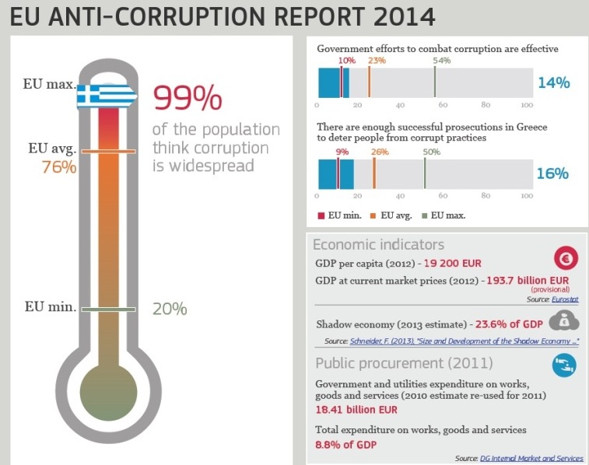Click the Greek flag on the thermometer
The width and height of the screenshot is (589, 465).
point(107,96)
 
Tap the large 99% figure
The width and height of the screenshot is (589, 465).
point(188,98)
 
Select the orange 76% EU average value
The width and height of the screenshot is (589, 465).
point(58,167)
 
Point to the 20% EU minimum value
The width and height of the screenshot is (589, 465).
point(170,309)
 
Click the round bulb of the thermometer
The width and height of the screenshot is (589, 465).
point(109,385)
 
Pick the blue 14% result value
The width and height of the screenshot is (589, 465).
point(553,82)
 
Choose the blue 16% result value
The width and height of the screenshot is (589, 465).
point(552,174)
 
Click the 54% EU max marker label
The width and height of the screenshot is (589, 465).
point(441,60)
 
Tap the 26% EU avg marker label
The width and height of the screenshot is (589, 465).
point(380,152)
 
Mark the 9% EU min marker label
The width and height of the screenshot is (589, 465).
point(342,152)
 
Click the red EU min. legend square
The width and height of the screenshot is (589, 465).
point(321,215)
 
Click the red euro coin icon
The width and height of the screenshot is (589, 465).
point(565,258)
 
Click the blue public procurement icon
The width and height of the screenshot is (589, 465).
point(564,364)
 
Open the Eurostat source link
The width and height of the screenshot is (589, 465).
point(563,299)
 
